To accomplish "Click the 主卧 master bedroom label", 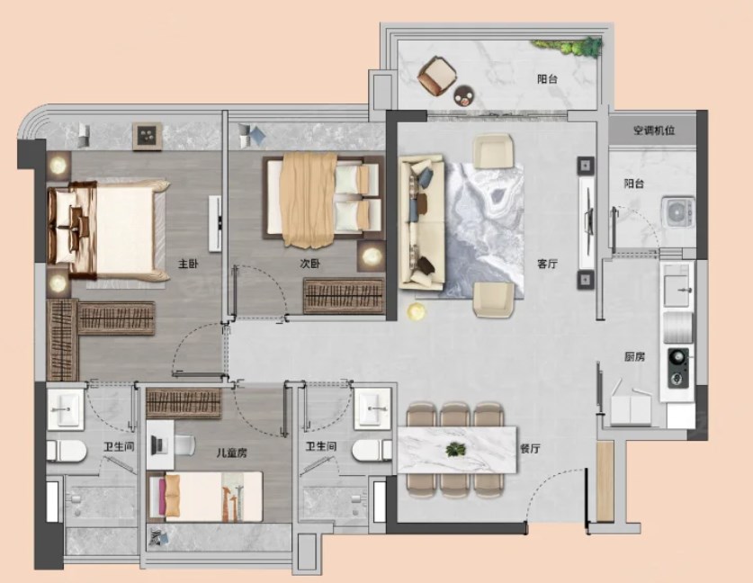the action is pyautogui.click(x=188, y=264).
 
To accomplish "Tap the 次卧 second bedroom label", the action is pyautogui.click(x=309, y=264).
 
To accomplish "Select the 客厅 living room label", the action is pyautogui.click(x=548, y=264).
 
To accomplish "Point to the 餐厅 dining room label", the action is pyautogui.click(x=530, y=449).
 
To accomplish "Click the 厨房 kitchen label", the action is pyautogui.click(x=634, y=357).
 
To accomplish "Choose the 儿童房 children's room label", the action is pyautogui.click(x=231, y=453).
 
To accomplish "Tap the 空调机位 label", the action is pyautogui.click(x=654, y=130).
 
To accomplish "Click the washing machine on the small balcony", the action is pyautogui.click(x=678, y=211).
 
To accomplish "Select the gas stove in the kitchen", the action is pyautogui.click(x=677, y=368).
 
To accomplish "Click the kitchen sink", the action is pyautogui.click(x=677, y=285).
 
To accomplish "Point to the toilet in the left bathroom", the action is pyautogui.click(x=67, y=451).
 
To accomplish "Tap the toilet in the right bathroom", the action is pyautogui.click(x=372, y=451).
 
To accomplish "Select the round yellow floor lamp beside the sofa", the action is pyautogui.click(x=417, y=312).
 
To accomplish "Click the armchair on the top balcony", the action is pyautogui.click(x=436, y=76).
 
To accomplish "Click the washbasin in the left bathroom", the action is pyautogui.click(x=66, y=409).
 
